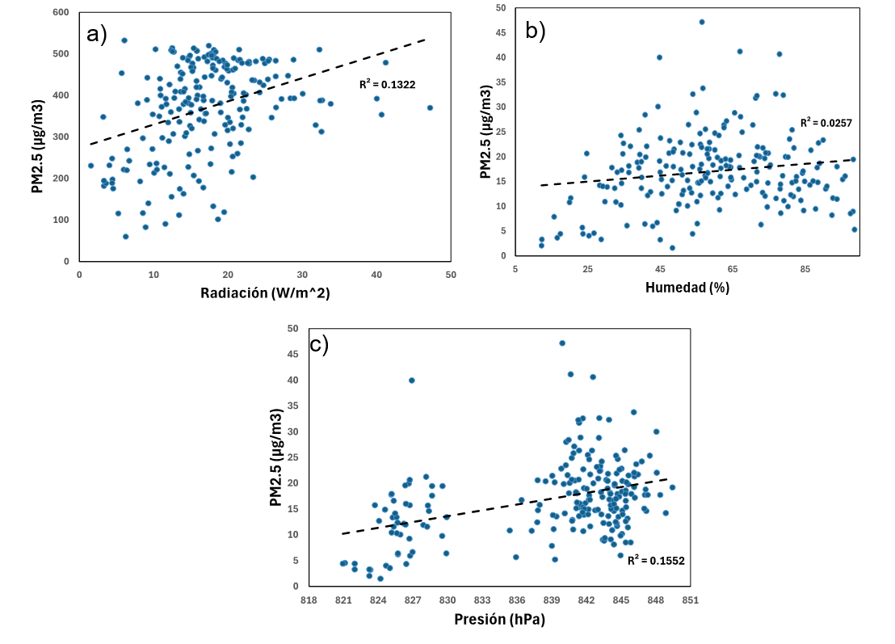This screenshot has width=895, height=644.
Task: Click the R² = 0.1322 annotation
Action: tap(388, 84)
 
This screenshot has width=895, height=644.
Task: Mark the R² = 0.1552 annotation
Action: tap(656, 559)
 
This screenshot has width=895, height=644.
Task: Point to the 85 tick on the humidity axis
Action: tap(805, 268)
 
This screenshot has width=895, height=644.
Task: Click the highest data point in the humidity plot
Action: tap(702, 22)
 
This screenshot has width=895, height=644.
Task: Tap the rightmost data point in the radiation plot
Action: tap(430, 107)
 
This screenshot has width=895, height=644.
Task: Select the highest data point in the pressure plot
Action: tap(562, 343)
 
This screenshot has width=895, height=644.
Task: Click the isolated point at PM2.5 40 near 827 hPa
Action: tap(412, 380)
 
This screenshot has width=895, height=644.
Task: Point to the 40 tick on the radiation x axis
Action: tap(376, 275)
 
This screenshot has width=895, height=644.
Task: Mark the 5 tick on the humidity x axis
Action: tap(515, 268)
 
